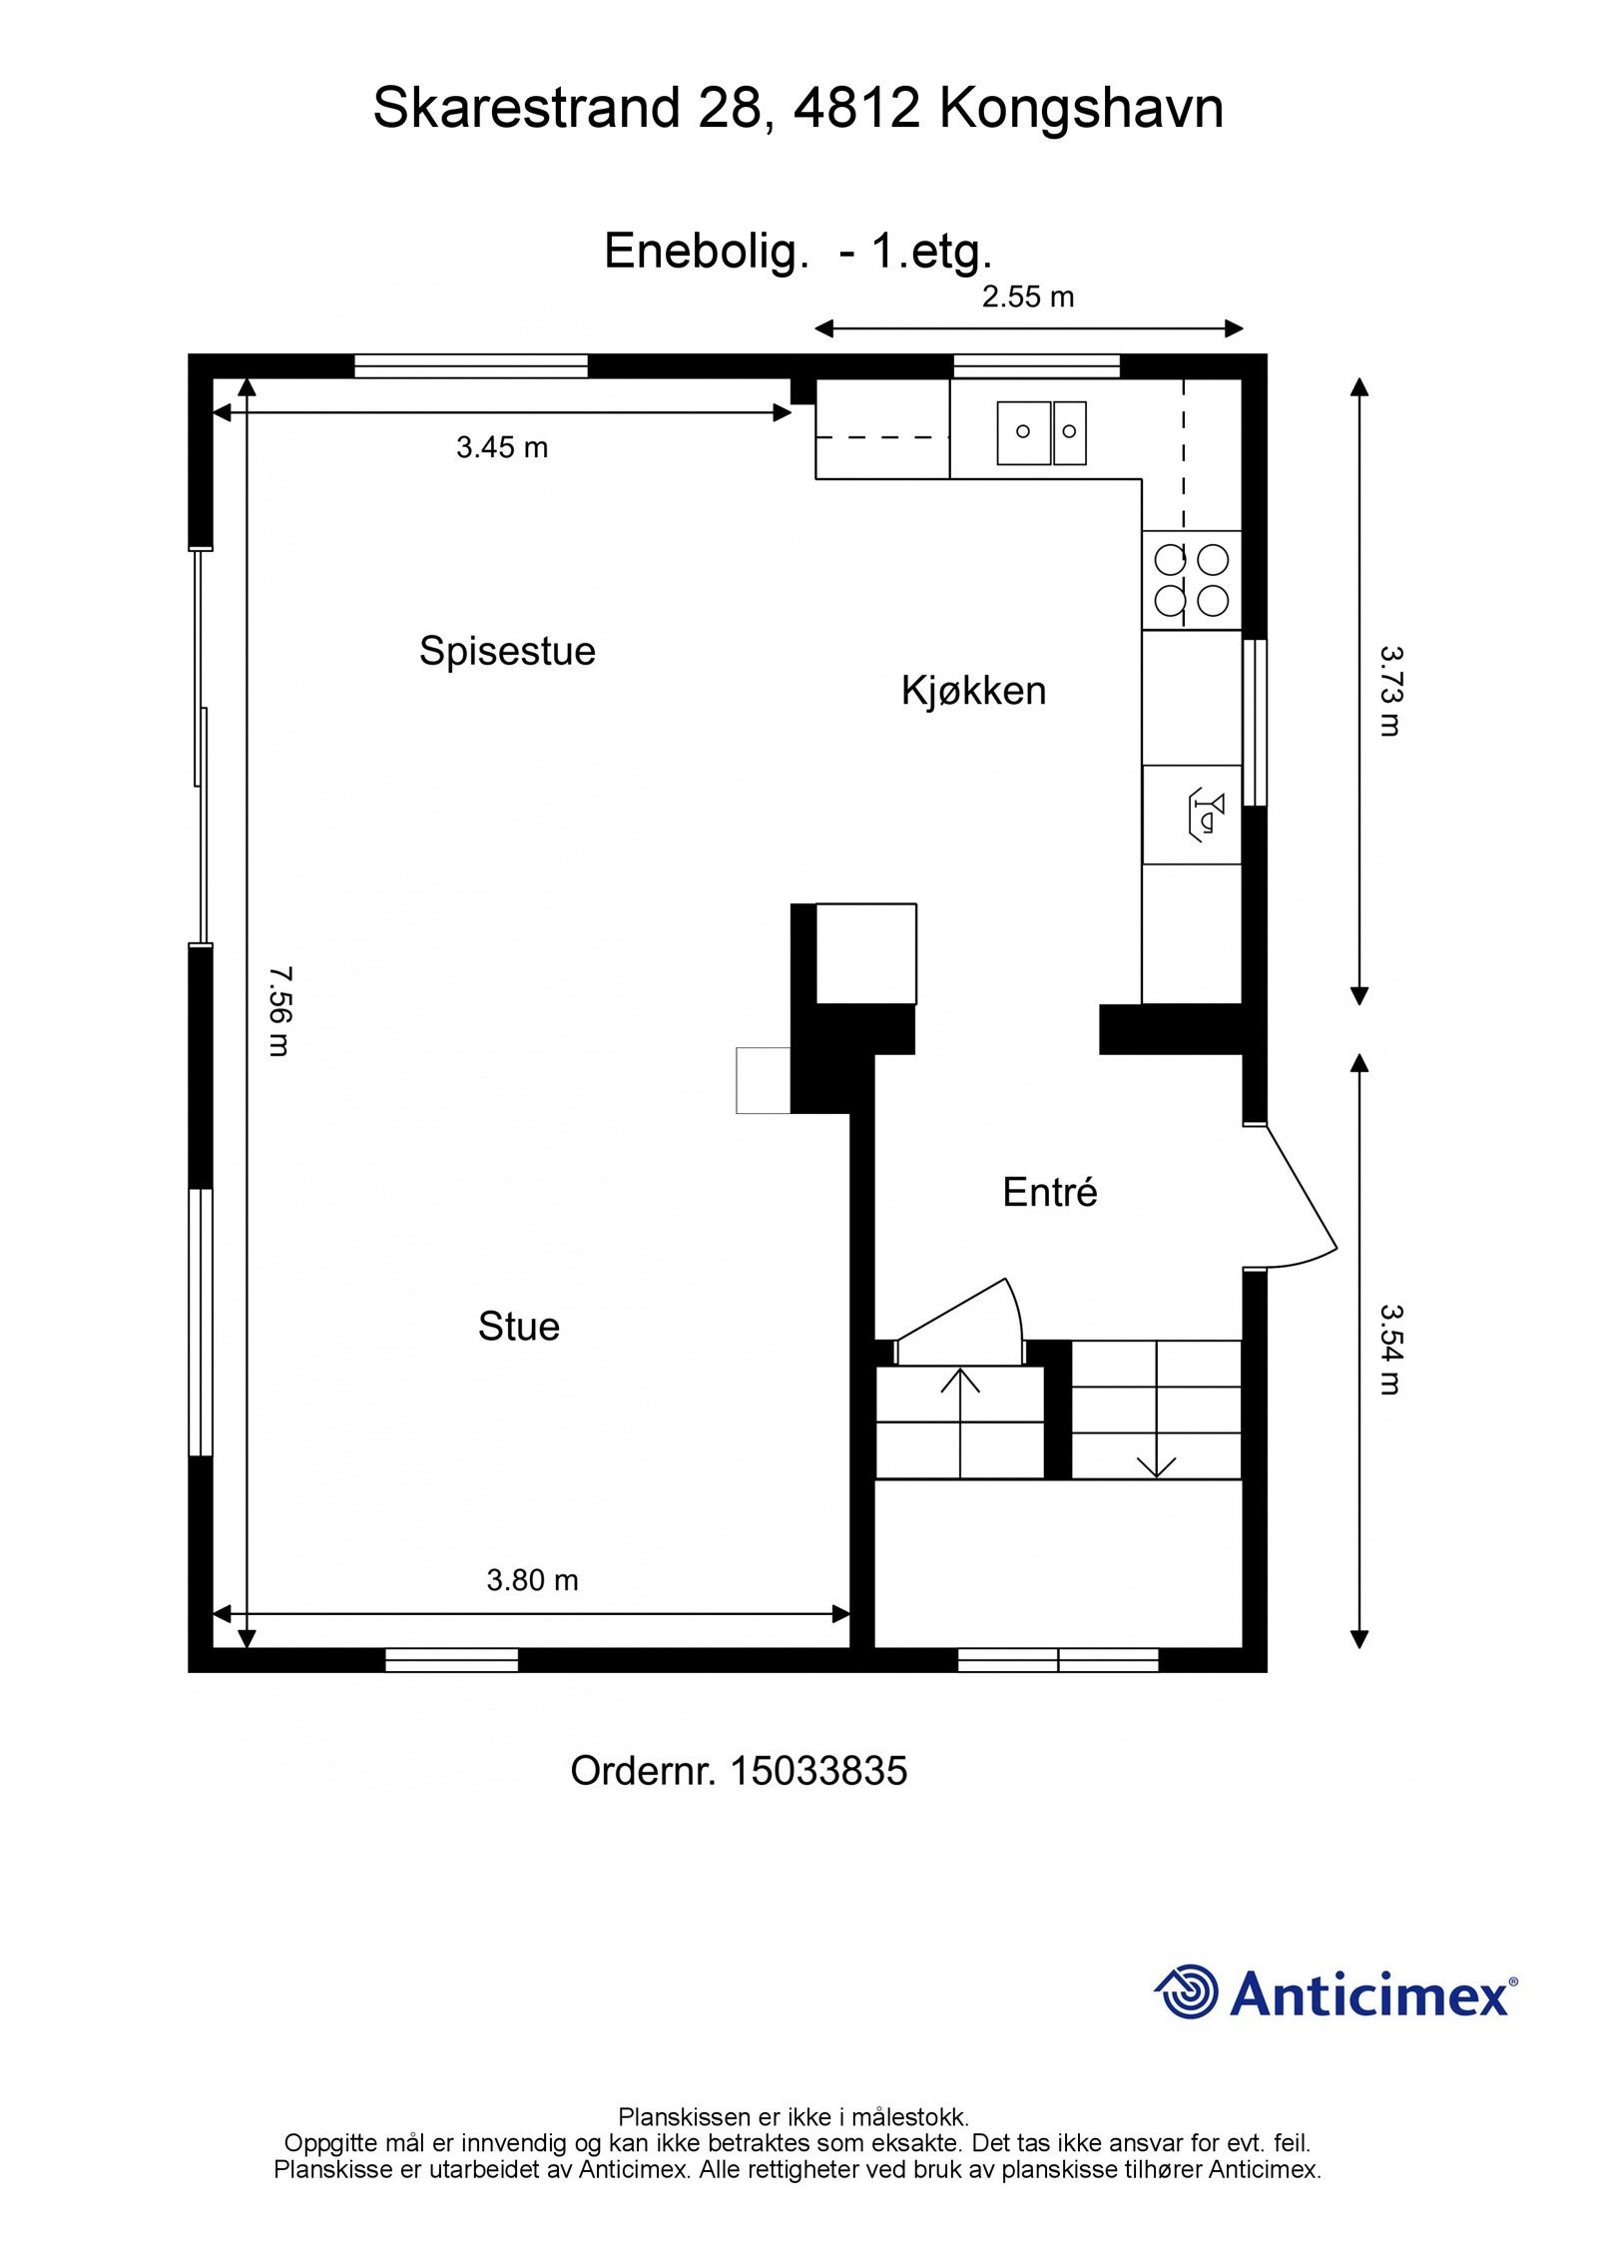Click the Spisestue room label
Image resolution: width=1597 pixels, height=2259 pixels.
click(507, 651)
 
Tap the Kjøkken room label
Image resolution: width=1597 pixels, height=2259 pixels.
click(973, 691)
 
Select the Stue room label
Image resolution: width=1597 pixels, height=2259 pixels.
click(518, 1327)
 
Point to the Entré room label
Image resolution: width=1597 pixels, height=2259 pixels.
click(1050, 1192)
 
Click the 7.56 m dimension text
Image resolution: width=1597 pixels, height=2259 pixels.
click(280, 1010)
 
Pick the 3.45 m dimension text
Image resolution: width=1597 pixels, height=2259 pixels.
click(502, 447)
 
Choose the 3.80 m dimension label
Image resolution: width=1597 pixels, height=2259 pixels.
click(532, 1580)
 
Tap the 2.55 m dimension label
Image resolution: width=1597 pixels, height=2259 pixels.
click(1028, 296)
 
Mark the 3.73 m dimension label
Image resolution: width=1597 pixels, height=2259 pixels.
click(1391, 691)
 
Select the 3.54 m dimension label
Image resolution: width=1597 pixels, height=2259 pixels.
click(1391, 1350)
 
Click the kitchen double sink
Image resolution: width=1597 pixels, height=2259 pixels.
click(1042, 432)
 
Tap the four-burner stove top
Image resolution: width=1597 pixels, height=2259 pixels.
click(1192, 580)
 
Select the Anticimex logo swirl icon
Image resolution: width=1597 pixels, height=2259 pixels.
click(1187, 1991)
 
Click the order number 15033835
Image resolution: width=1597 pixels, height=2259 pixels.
click(818, 1771)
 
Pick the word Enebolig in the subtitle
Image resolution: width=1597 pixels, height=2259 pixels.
click(704, 253)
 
